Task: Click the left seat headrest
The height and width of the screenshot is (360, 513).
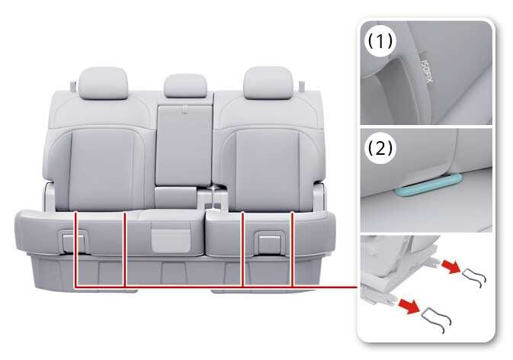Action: click(x=103, y=83)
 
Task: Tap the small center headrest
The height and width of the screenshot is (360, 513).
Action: click(x=185, y=85)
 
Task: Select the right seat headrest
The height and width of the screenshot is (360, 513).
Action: click(x=268, y=82)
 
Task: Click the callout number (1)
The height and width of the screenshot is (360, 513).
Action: click(x=380, y=41)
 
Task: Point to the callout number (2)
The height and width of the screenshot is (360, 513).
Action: click(x=380, y=148)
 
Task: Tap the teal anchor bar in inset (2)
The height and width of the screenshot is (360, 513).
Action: click(x=429, y=185)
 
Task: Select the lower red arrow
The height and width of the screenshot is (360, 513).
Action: click(x=409, y=307)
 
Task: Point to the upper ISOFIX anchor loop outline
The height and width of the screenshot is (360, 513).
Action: click(x=475, y=277)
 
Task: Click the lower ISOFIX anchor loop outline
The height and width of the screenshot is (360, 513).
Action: click(x=437, y=319)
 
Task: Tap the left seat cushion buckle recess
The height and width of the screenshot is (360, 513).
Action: click(x=74, y=242)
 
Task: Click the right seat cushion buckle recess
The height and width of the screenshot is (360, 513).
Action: click(x=270, y=243)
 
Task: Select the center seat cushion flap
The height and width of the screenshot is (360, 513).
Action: click(x=172, y=240)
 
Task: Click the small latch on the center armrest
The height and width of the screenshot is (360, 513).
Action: click(x=185, y=109)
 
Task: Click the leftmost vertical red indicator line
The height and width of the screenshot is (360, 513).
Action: click(x=75, y=249)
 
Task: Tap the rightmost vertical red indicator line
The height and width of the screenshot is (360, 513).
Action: click(x=292, y=249)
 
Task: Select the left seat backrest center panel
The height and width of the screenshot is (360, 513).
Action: click(x=102, y=169)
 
